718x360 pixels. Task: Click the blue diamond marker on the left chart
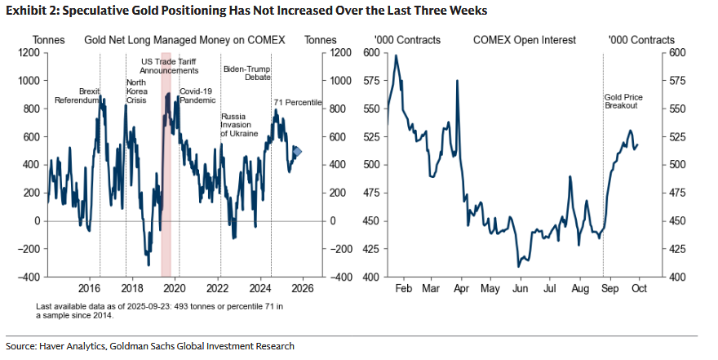coord(297,151)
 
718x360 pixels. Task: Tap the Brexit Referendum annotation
coord(77,96)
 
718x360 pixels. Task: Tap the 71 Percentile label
coord(297,102)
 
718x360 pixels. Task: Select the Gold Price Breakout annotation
coord(623,102)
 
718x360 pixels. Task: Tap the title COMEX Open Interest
coord(524,40)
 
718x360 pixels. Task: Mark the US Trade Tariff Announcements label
coord(170,66)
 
